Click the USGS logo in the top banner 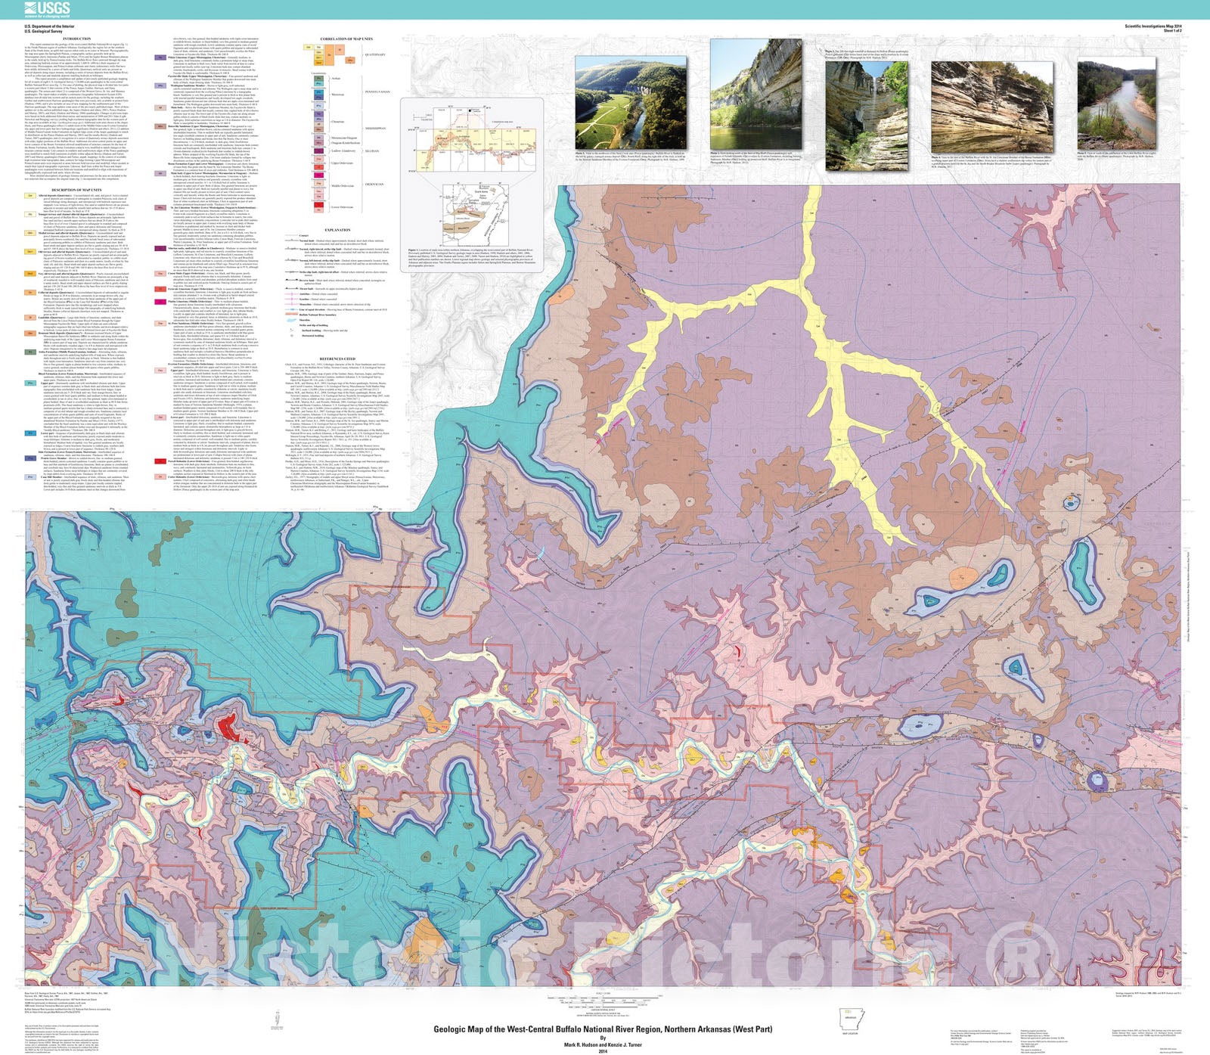point(47,9)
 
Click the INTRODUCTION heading point(76,39)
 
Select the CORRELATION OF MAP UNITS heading point(346,39)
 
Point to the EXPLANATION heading point(337,230)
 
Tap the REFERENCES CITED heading point(337,359)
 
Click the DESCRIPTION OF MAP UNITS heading point(76,190)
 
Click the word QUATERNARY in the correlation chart point(375,54)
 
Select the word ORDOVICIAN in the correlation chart point(374,184)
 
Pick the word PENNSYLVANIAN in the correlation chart point(377,92)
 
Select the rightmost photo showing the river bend point(1116,104)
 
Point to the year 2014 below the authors point(603,1050)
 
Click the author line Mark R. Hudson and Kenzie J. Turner point(603,1044)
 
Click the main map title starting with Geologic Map point(603,1029)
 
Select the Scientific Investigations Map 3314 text point(1153,26)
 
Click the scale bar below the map point(603,995)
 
